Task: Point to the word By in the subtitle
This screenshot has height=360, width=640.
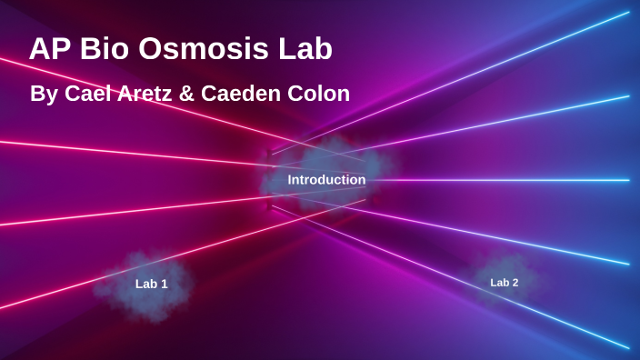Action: (x=43, y=95)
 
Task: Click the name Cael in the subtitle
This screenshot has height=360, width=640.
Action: (x=87, y=94)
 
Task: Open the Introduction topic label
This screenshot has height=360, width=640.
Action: (x=326, y=180)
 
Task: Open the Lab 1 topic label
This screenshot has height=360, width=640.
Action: (x=151, y=284)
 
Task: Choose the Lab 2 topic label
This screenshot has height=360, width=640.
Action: (x=505, y=283)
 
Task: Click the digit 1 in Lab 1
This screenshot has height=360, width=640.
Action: (x=165, y=284)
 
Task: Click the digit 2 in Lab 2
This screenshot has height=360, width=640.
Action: (x=515, y=283)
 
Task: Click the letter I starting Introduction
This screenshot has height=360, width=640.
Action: (x=290, y=180)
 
